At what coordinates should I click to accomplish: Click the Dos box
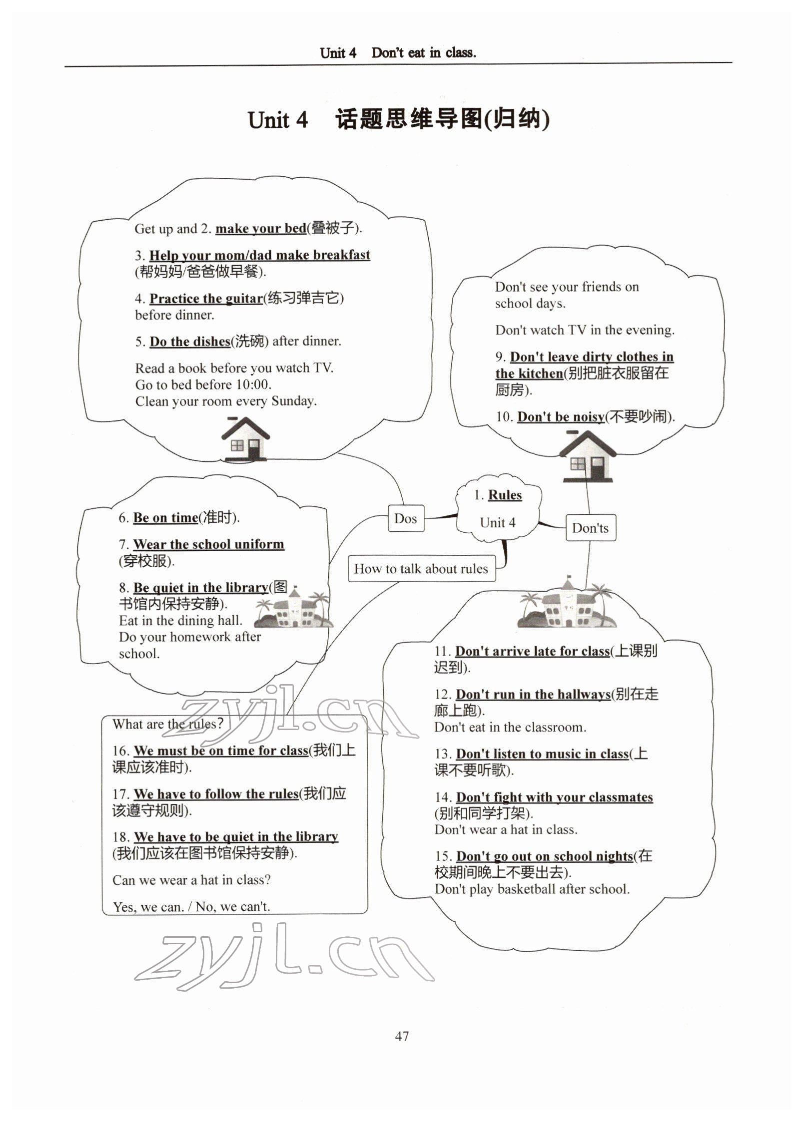click(x=405, y=518)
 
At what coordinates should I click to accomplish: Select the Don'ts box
click(x=590, y=528)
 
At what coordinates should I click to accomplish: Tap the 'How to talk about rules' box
click(x=421, y=569)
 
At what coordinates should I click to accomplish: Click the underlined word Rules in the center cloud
click(x=505, y=495)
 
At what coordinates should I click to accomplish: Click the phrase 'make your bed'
click(x=260, y=229)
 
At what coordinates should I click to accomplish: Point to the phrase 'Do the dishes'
click(x=190, y=342)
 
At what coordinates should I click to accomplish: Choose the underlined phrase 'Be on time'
click(x=165, y=518)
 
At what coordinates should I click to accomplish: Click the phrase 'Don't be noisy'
click(x=561, y=416)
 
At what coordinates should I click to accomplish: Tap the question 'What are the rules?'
click(x=167, y=724)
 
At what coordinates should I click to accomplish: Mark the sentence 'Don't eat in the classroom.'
click(x=510, y=728)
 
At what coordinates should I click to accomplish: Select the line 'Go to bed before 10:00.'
click(x=203, y=384)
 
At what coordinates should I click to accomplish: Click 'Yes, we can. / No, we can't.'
click(x=191, y=907)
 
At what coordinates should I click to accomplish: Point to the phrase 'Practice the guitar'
click(x=206, y=299)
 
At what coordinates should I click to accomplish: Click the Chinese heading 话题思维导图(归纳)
click(x=442, y=120)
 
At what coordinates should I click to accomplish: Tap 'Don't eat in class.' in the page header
click(x=423, y=52)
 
